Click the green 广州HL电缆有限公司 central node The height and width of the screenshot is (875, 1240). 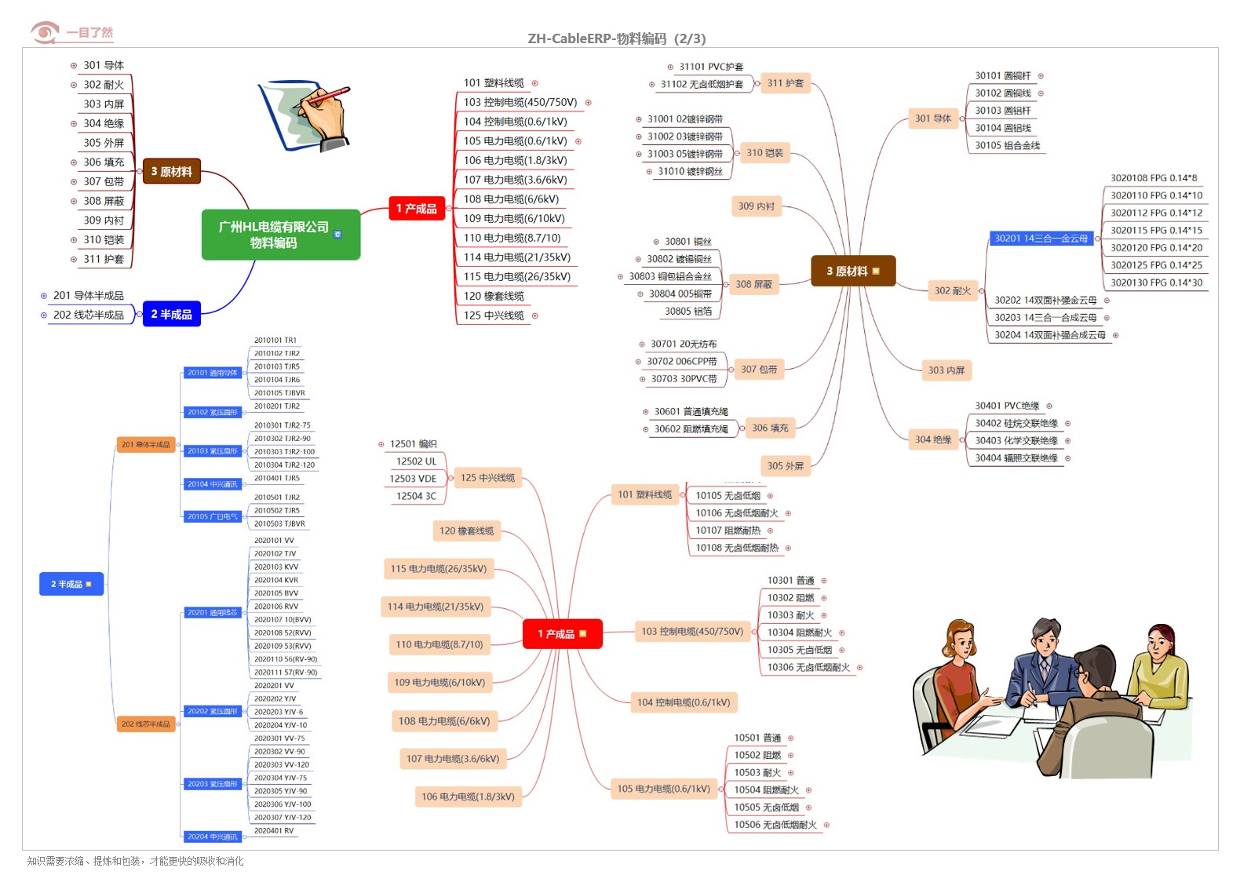tap(280, 235)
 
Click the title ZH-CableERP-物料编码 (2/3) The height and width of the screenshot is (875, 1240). tap(616, 38)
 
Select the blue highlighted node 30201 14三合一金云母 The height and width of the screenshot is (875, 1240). tap(1041, 239)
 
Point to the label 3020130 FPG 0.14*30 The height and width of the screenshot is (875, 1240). tap(1155, 283)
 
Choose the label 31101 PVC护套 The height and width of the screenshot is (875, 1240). tap(710, 67)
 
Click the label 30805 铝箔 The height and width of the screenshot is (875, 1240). tap(688, 311)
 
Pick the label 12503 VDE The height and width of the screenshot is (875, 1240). tap(413, 479)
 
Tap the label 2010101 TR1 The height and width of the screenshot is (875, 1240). tap(275, 341)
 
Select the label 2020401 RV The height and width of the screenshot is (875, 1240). tap(274, 830)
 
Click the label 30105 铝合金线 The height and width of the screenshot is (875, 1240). tap(1007, 145)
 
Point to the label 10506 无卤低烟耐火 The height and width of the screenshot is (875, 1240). tap(775, 825)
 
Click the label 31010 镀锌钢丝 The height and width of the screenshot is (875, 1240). tap(690, 171)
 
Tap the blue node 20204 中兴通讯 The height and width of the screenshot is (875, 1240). tap(212, 837)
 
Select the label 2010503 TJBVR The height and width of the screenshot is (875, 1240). tap(279, 523)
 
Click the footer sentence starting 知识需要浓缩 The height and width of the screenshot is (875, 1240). tap(135, 861)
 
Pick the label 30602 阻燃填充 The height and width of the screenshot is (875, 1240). tap(691, 429)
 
